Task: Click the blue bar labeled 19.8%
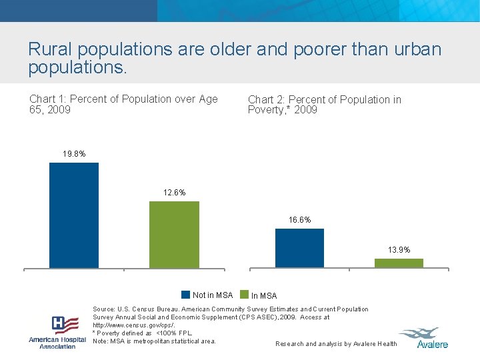click(74, 215)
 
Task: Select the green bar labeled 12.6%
click(174, 234)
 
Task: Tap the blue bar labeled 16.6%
click(299, 248)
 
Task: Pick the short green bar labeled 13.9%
click(399, 263)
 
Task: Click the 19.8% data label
click(74, 154)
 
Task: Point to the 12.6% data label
click(174, 193)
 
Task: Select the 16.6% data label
click(299, 219)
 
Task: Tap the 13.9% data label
click(399, 249)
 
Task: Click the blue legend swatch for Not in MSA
click(186, 295)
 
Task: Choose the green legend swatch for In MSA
click(244, 295)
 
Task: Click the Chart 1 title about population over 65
click(123, 104)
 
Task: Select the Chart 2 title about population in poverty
click(325, 105)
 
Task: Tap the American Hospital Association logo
click(57, 331)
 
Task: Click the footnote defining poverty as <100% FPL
click(142, 333)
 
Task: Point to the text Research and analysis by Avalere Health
click(336, 344)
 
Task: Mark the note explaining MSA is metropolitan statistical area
click(154, 341)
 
